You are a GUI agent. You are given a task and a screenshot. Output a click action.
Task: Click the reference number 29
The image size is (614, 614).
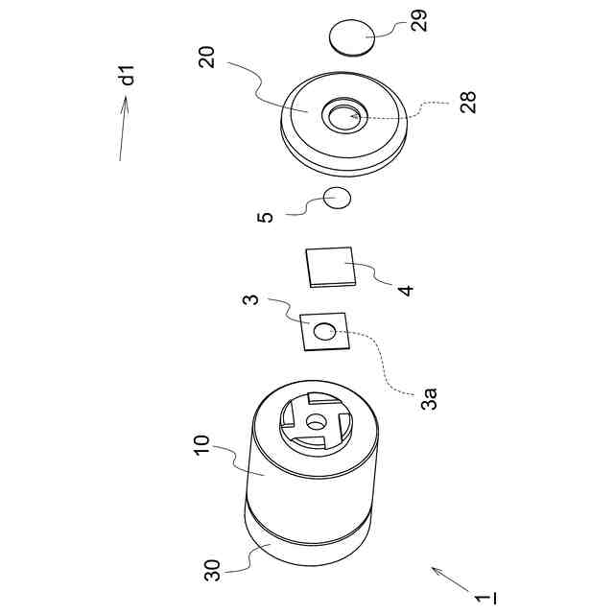click(420, 20)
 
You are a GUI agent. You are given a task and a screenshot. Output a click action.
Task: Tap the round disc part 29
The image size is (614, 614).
click(352, 38)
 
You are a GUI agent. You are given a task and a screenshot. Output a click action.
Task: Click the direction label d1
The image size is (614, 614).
click(129, 75)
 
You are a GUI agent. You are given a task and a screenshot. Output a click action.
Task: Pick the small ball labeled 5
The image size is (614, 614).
click(337, 199)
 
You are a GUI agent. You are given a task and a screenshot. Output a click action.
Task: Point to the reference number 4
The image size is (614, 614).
click(406, 287)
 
